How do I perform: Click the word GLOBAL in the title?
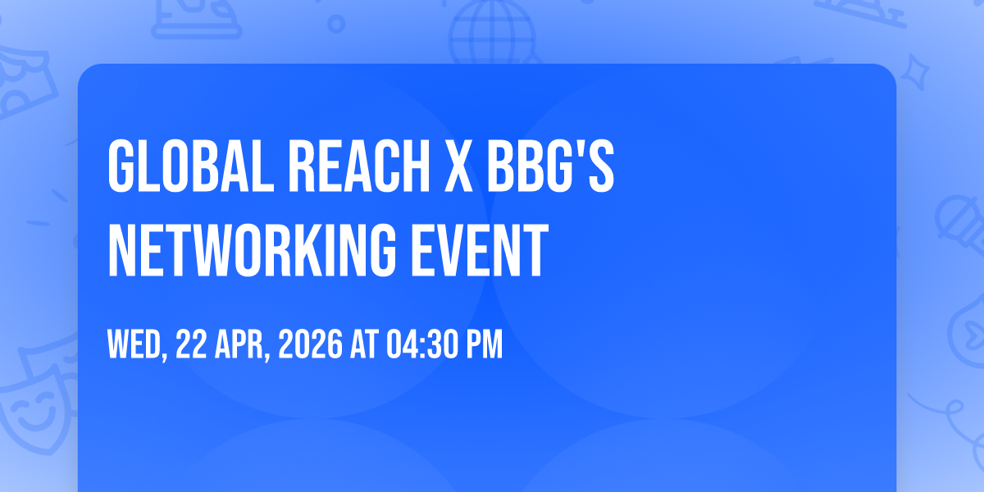(191, 166)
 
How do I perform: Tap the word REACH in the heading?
(359, 166)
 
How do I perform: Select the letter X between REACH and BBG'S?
(458, 166)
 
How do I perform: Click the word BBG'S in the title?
(550, 166)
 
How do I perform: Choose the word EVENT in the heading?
(480, 250)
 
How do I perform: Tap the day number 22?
(192, 344)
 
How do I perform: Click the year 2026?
(310, 344)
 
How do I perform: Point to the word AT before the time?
(364, 344)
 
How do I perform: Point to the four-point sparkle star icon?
(914, 72)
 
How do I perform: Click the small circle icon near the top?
(336, 24)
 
